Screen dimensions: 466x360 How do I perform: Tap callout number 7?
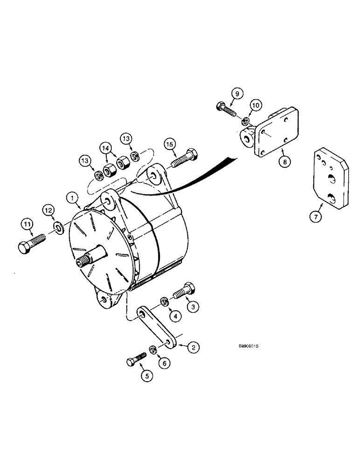click(x=316, y=216)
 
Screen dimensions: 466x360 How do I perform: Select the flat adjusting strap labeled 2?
click(x=157, y=328)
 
